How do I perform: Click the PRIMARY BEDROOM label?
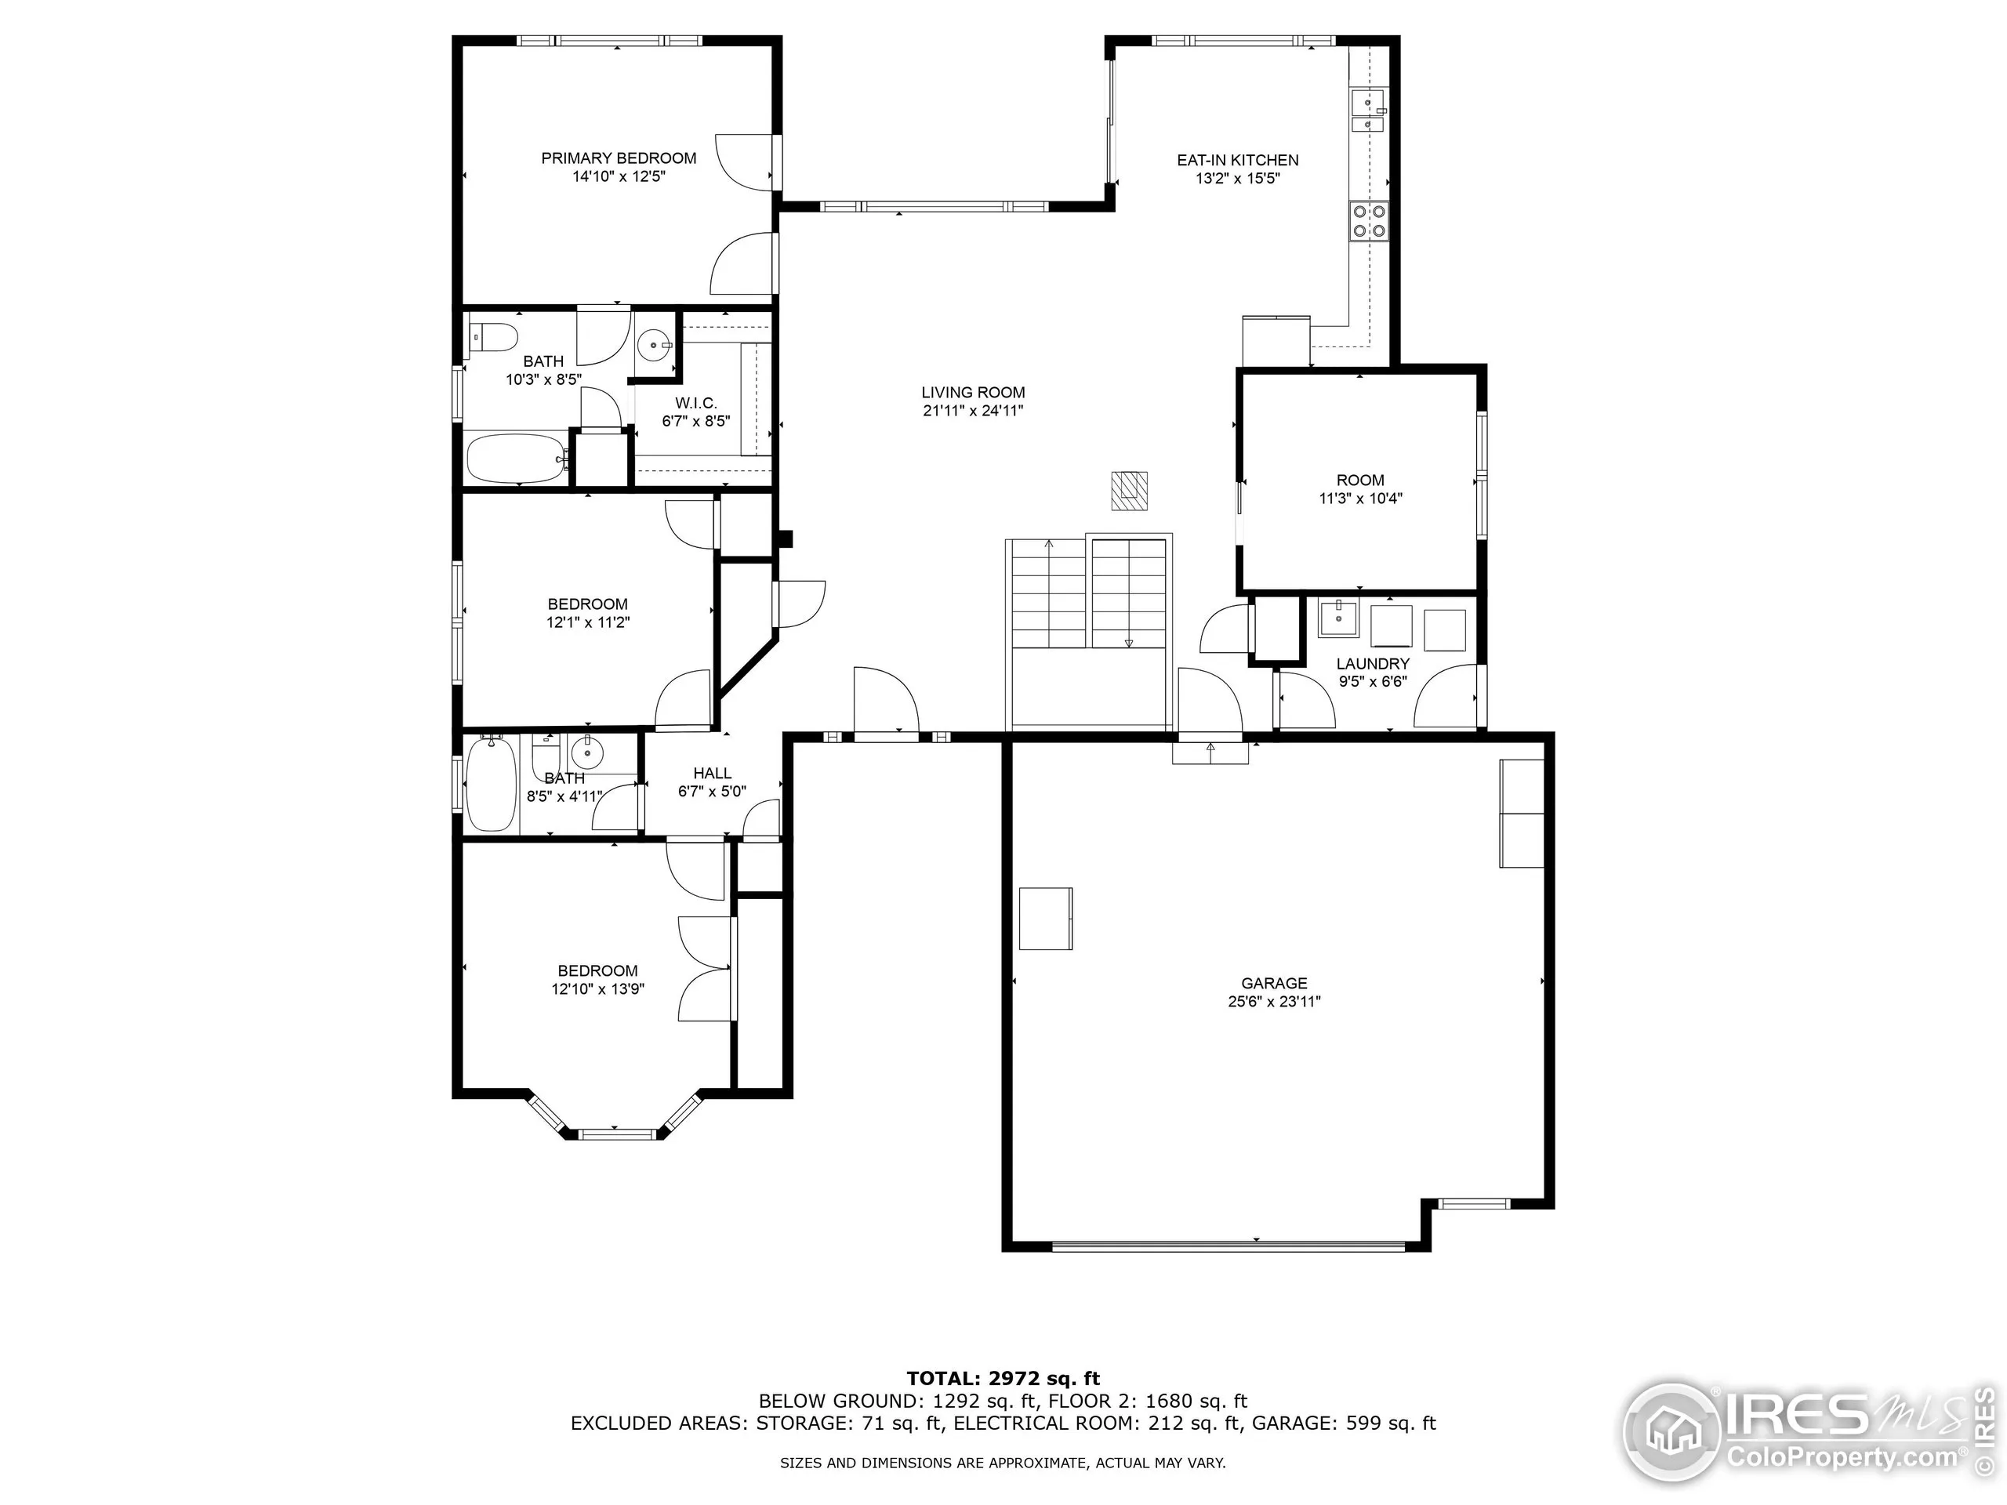619,158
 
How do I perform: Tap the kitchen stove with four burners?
1369,220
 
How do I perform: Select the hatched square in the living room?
1130,490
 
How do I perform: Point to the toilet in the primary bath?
492,338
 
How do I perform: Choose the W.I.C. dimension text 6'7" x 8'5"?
696,421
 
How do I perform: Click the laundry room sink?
1338,618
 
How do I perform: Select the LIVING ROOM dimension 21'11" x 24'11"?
973,411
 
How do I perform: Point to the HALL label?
712,773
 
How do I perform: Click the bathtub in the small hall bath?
491,785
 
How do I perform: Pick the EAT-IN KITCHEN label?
1238,161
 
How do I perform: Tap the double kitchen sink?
1367,114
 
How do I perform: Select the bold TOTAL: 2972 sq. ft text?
1003,1379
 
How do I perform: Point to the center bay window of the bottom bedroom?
617,1133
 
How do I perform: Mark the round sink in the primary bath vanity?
654,345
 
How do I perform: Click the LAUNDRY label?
1373,664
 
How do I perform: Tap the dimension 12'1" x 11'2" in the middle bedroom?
588,622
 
